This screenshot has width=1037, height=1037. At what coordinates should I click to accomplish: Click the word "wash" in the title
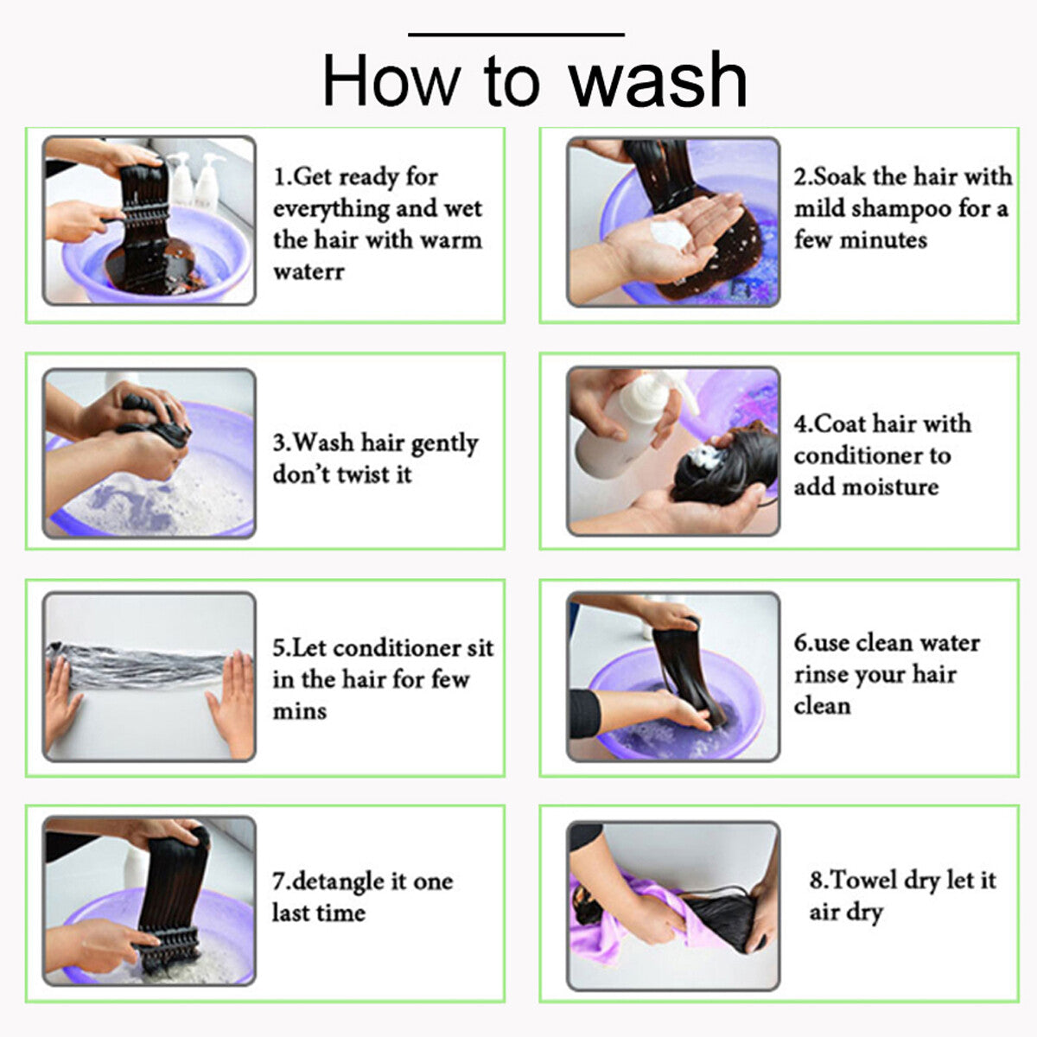658,80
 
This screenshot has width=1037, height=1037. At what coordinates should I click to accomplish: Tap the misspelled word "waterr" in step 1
309,271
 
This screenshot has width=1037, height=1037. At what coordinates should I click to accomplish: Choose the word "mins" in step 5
300,711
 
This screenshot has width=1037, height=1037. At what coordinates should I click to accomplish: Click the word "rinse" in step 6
821,674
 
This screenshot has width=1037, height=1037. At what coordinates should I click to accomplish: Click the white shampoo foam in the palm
671,235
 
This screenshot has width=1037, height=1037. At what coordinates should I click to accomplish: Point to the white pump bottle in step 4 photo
630,423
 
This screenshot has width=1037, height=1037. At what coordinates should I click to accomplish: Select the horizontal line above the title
516,35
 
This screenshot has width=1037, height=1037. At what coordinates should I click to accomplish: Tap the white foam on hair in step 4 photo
705,458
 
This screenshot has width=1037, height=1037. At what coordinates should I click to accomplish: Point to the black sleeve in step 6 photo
585,712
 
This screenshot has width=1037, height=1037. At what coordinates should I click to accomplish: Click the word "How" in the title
391,81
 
